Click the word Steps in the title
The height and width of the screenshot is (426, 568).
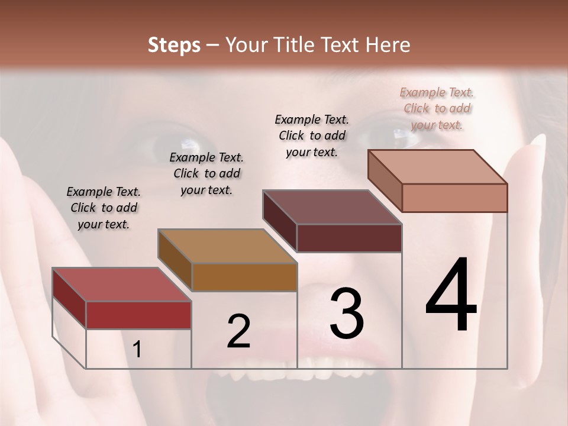(x=173, y=45)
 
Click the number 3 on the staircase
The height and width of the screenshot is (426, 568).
(x=346, y=314)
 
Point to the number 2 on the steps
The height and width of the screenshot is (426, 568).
(x=238, y=332)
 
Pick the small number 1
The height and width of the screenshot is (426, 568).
(x=137, y=350)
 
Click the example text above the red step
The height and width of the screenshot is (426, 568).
(x=104, y=208)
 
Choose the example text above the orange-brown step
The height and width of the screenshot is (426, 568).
(x=206, y=173)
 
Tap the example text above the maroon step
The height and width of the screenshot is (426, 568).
(x=312, y=135)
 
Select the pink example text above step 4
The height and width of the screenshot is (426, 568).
(x=437, y=108)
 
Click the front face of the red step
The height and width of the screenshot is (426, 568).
(x=138, y=315)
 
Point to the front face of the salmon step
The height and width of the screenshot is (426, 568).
(x=454, y=198)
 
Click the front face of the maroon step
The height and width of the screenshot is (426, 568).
(x=349, y=238)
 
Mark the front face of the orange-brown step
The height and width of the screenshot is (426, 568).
(x=244, y=277)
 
